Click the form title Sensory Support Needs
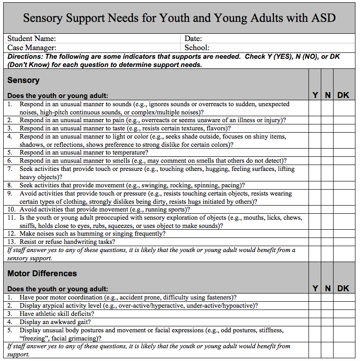180,18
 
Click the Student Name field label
32,39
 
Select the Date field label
193,39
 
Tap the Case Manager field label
32,47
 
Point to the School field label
197,47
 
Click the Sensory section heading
24,80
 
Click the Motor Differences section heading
42,273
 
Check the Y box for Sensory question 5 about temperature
315,153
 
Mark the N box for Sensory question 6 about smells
327,161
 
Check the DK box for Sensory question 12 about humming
344,234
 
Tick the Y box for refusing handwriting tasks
315,242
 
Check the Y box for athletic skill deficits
315,314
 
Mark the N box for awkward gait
327,322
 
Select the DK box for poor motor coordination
344,298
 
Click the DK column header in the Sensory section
343,95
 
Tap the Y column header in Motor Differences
315,289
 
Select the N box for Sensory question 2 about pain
327,120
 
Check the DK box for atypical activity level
344,306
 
